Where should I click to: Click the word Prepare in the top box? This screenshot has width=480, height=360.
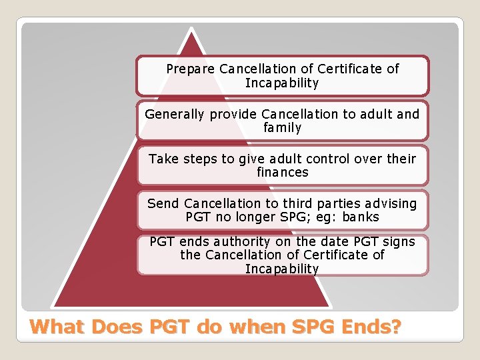click(x=191, y=69)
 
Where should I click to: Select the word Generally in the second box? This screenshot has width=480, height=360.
click(x=175, y=114)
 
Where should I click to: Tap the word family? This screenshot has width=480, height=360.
click(x=283, y=127)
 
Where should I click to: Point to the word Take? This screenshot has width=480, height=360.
click(x=163, y=159)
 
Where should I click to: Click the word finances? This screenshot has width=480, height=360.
click(x=283, y=172)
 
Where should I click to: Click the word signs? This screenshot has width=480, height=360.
click(x=399, y=241)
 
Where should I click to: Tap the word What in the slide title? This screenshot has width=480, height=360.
click(x=58, y=327)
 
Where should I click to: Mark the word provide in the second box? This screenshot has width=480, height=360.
click(x=233, y=114)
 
